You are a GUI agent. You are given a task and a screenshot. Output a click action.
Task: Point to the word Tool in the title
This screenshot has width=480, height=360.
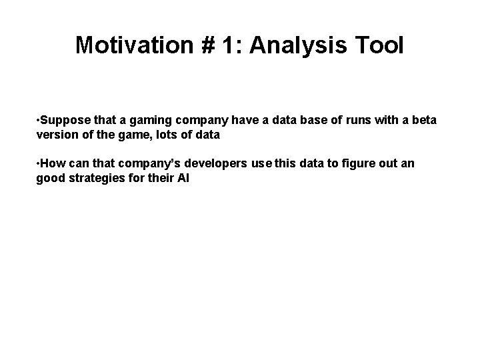coord(380,45)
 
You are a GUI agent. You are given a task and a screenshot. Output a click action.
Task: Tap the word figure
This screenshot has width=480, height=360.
coord(357,164)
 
